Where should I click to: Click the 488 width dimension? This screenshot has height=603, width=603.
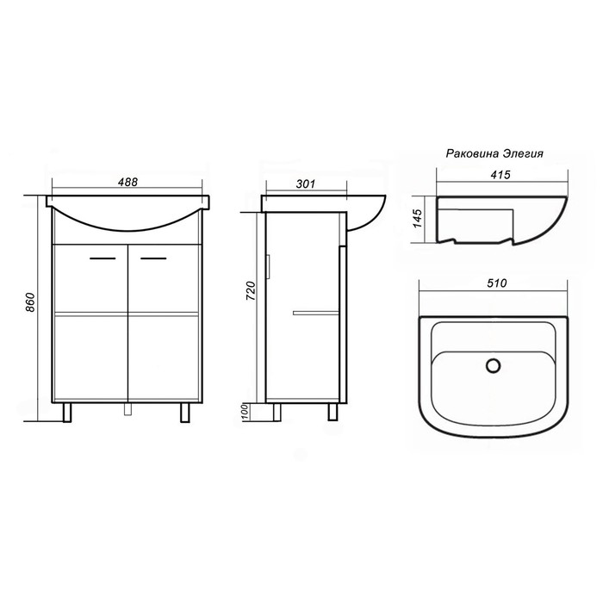(x=127, y=182)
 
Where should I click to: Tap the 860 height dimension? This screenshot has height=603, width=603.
(x=30, y=302)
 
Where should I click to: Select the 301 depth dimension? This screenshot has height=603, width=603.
(x=306, y=183)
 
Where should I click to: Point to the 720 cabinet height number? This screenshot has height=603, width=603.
(x=251, y=291)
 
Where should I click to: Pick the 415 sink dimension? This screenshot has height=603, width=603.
(x=500, y=175)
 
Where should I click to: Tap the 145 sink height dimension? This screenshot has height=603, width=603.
(x=417, y=218)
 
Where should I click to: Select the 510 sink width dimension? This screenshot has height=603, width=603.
(x=497, y=283)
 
